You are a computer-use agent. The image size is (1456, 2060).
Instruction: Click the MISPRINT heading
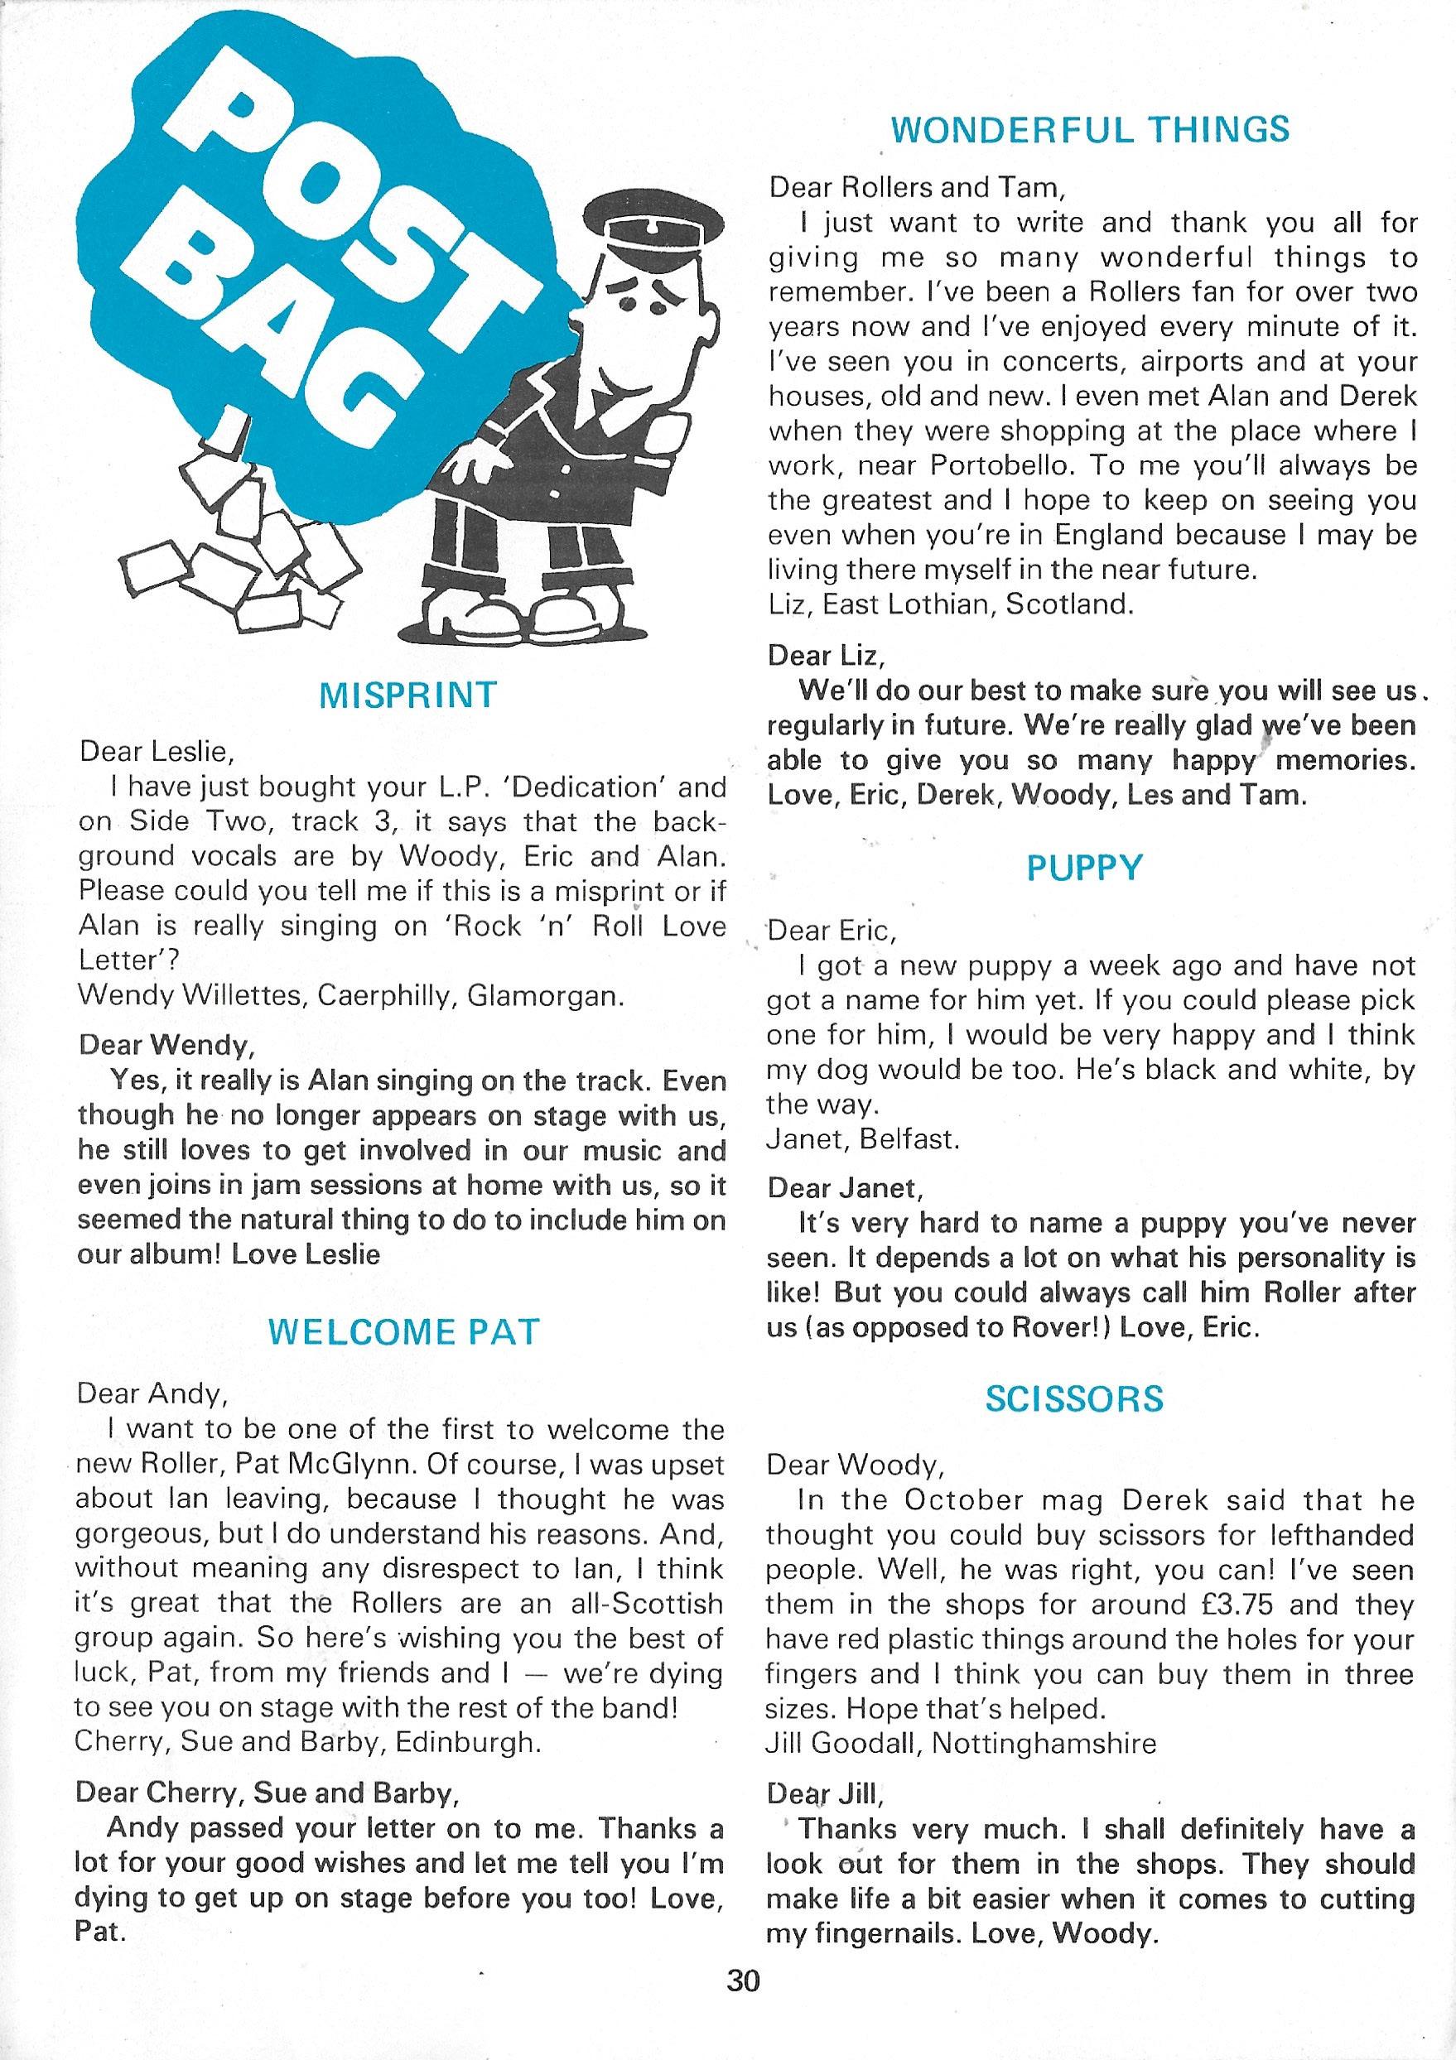[407, 695]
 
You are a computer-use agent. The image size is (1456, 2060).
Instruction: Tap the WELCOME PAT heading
[404, 1331]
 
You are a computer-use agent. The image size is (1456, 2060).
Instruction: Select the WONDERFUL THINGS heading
[1090, 131]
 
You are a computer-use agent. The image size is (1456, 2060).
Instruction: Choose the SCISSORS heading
[1074, 1398]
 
